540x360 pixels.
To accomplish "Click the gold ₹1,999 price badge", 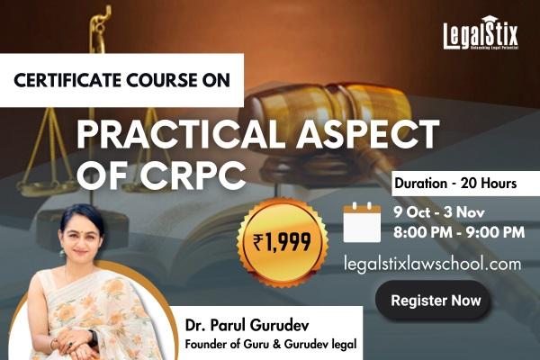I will click(282, 239).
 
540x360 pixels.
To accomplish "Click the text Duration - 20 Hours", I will click(454, 184).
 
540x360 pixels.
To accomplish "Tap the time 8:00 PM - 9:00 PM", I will click(460, 233).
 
